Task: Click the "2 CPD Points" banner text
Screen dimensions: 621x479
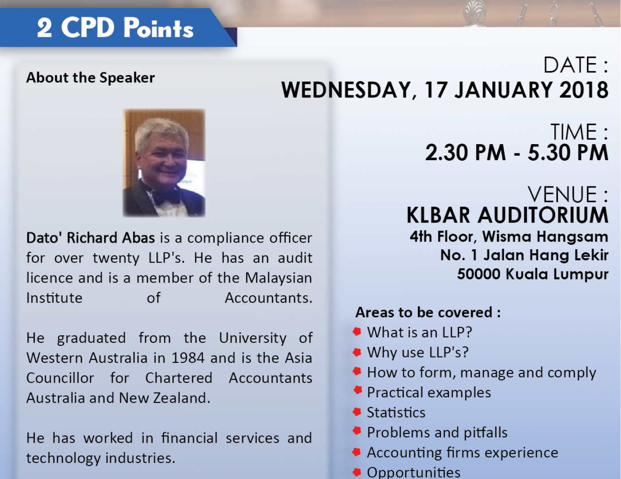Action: [x=115, y=27]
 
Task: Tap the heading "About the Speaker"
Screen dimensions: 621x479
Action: [x=90, y=78]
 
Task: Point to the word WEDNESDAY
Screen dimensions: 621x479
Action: [x=346, y=90]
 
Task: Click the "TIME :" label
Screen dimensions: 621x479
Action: [x=579, y=132]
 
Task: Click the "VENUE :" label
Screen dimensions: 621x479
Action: [x=568, y=195]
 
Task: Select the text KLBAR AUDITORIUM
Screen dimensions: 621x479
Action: [x=507, y=215]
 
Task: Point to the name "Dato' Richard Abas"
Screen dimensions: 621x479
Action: [x=90, y=238]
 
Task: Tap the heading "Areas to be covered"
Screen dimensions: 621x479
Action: [x=428, y=312]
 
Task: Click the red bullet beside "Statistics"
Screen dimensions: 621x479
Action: [x=357, y=412]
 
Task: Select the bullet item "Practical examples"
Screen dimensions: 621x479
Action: [x=429, y=393]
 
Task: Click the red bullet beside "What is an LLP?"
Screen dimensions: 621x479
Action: [x=357, y=332]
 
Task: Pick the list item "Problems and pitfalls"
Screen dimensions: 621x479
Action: [x=437, y=432]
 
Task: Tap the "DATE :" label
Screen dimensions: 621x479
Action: [x=576, y=65]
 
